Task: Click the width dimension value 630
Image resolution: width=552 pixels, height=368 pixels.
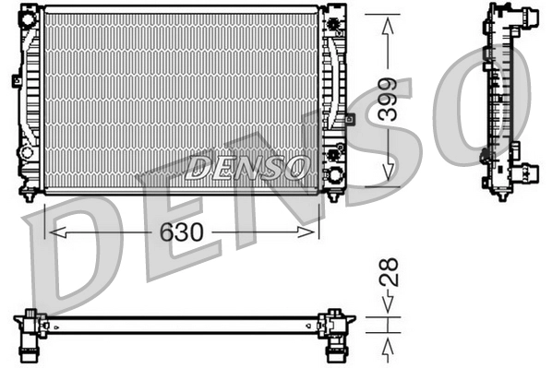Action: [182, 231]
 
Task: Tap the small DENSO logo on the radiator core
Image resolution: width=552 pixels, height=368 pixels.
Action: [247, 167]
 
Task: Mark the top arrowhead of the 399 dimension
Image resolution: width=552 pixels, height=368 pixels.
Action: [389, 23]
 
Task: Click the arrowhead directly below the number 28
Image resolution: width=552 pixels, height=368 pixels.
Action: [389, 304]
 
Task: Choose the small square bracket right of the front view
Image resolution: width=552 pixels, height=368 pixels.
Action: [350, 119]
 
